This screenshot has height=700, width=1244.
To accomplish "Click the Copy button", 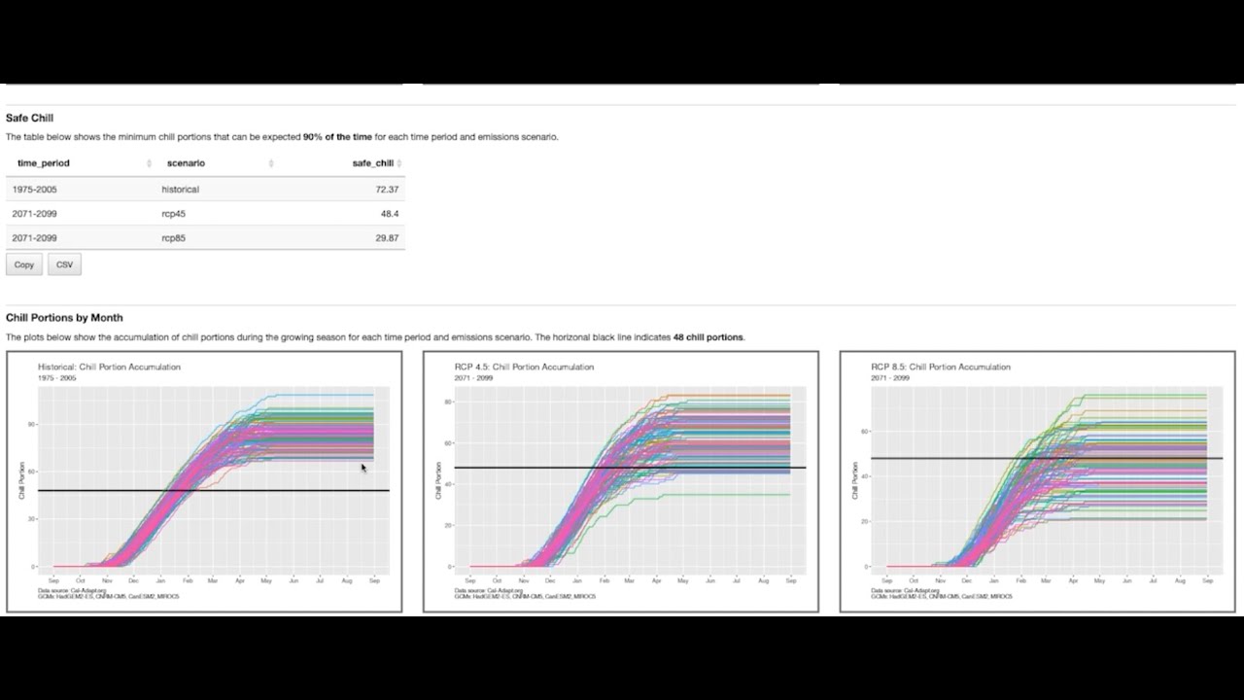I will point(24,264).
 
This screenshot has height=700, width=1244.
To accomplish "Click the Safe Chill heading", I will point(29,118).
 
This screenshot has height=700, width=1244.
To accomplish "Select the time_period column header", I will point(44,163).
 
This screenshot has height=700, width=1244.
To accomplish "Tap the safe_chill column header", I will point(372,163).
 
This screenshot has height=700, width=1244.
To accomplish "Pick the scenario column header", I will point(186,163).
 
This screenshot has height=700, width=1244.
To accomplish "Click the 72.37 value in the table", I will point(387,190).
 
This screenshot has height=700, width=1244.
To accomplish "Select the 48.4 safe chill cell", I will point(390,214).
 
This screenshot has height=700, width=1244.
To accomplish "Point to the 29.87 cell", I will point(387,238).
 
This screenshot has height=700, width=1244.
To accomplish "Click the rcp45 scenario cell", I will point(172,214).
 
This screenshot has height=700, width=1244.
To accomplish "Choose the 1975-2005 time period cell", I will point(35,190).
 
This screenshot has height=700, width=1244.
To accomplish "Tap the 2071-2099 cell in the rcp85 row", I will point(35,238).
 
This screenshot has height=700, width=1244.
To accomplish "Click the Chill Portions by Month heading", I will point(64,318).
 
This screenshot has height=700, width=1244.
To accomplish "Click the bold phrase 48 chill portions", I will point(708,337).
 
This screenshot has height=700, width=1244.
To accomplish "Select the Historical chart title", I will point(109,367).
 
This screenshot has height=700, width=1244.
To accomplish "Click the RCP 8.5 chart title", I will point(941,367).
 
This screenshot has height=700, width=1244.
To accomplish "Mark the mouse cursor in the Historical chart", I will point(363,468).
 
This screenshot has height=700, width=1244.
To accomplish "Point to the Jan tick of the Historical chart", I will point(160,579).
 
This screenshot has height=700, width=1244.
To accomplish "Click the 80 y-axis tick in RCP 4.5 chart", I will point(447,402).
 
